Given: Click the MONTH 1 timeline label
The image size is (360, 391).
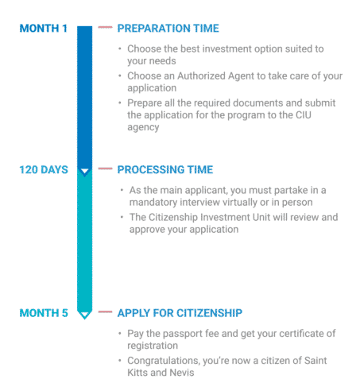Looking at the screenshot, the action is pos(44,29).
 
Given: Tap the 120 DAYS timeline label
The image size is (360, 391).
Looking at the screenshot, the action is pos(44,170).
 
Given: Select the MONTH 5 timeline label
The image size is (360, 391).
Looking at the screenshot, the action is pos(44,313).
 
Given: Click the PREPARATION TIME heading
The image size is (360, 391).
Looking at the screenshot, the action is pos(168,29).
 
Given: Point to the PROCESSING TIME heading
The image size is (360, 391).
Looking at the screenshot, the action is pos(165,170).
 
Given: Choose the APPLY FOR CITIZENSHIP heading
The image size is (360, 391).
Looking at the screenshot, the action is pos(180,313).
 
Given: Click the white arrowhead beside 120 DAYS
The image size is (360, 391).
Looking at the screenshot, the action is pos(84,171).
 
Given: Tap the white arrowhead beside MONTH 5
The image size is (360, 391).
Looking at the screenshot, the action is pos(84,314).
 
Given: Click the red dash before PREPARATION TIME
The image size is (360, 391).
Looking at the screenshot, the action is pos(105,27).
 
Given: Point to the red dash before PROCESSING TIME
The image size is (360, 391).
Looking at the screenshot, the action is pos(105,168).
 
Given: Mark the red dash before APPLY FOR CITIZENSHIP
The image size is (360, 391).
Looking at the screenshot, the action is pos(105,312).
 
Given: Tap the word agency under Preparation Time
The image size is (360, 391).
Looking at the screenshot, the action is pos(143,128).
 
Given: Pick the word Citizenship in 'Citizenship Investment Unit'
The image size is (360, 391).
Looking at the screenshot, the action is pos(173,217).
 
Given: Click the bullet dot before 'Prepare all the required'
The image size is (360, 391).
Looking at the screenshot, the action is pos(120,103).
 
